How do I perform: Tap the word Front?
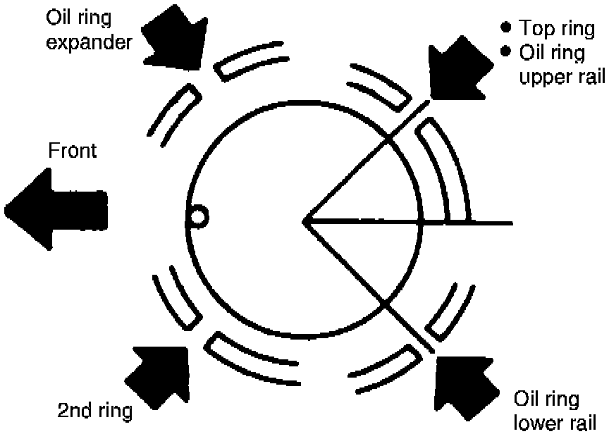click(73, 151)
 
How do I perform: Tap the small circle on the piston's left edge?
click(198, 216)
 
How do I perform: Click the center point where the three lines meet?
click(305, 222)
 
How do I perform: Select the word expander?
click(90, 42)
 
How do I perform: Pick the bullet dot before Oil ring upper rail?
click(505, 51)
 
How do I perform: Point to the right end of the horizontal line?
click(510, 223)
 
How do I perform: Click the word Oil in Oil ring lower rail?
click(528, 400)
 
